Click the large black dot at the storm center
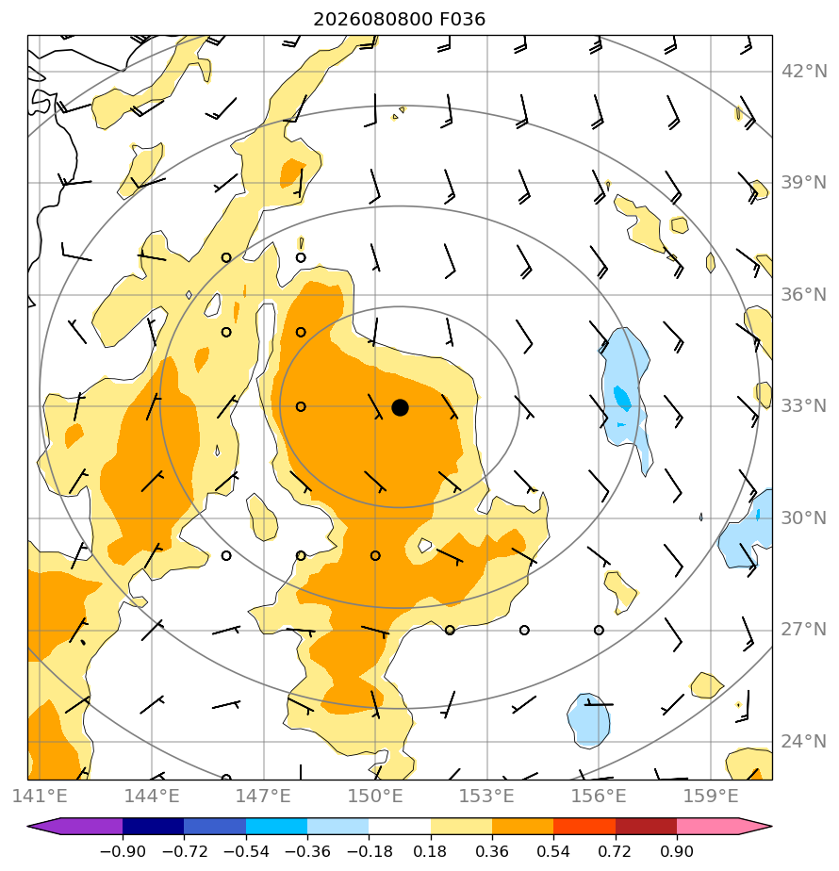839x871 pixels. click(400, 408)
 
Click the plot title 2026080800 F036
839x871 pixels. click(399, 20)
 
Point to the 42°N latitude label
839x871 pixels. click(803, 72)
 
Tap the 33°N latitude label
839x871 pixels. click(803, 406)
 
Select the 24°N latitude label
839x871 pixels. click(803, 741)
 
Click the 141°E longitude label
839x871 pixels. click(40, 796)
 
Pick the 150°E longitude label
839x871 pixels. click(375, 796)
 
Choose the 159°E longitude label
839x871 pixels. click(710, 796)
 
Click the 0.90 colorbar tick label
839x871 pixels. click(676, 851)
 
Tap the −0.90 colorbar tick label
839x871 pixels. click(123, 851)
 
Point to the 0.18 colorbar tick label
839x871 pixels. click(430, 851)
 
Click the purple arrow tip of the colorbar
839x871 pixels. click(27, 826)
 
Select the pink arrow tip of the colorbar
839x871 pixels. click(771, 826)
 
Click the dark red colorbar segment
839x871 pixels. click(646, 826)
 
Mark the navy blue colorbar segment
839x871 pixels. click(154, 826)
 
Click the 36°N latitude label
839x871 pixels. click(803, 294)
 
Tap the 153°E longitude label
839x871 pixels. click(486, 796)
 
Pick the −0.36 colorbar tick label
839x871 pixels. click(307, 851)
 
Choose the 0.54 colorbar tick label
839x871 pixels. click(553, 851)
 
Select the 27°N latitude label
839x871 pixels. click(803, 630)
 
